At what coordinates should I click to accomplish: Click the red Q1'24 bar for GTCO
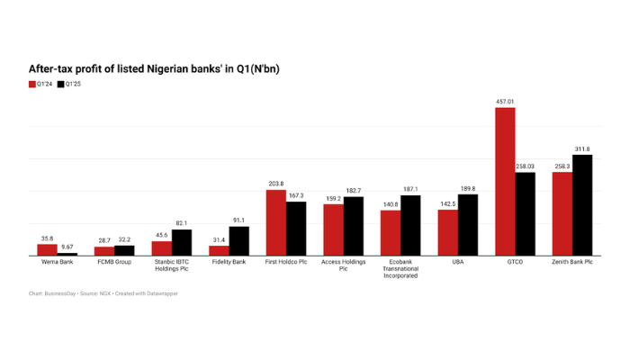tap(505, 183)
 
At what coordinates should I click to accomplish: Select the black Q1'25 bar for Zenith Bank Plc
tap(582, 205)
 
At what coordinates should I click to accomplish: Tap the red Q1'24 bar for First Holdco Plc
tap(276, 223)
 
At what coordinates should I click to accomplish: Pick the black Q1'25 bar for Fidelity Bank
tap(238, 241)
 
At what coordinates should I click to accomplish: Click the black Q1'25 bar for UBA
tap(468, 225)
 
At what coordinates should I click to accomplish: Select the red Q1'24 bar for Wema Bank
tap(48, 250)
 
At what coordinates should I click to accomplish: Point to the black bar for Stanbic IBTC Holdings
tap(181, 243)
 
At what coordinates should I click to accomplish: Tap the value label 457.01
tap(505, 102)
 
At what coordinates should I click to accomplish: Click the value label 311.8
tap(582, 148)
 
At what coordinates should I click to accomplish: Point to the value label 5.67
tap(67, 247)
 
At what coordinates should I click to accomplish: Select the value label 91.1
tap(238, 220)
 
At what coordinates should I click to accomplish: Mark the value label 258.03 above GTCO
tap(525, 166)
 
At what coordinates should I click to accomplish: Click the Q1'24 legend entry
tap(40, 84)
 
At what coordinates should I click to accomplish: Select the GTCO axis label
tap(515, 262)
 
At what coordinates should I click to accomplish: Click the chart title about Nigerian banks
tap(157, 67)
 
